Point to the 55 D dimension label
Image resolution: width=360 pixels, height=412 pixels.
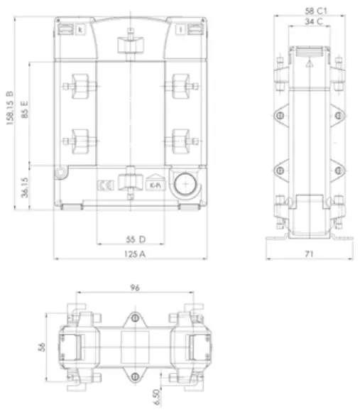click(x=131, y=238)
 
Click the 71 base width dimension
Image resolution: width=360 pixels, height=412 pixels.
click(x=310, y=254)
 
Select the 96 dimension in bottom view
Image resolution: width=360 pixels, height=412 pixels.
click(x=133, y=288)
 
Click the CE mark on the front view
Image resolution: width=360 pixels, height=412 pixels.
click(x=104, y=185)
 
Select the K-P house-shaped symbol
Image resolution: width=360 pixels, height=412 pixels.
click(x=154, y=184)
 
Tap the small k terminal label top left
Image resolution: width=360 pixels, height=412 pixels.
click(x=80, y=29)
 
